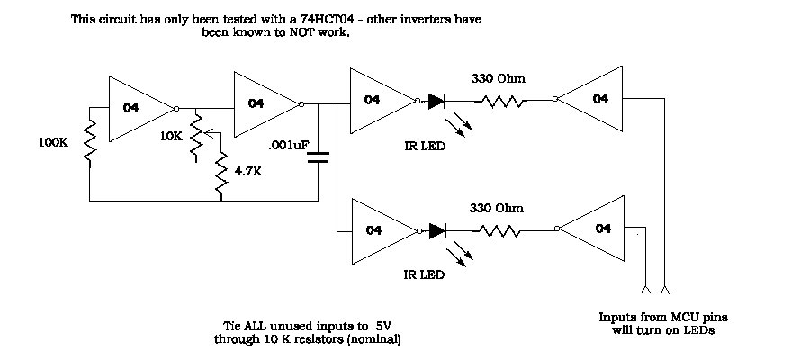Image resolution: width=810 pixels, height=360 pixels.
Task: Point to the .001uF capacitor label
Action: (x=287, y=143)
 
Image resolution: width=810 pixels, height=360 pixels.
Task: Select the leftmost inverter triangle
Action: (x=139, y=108)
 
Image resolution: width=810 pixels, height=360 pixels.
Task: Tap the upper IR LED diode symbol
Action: (x=437, y=101)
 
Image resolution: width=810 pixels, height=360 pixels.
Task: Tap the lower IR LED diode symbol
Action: (x=437, y=231)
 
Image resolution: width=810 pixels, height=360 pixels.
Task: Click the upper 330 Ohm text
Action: (x=499, y=79)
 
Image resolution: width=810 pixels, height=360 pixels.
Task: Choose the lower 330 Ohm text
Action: (x=497, y=208)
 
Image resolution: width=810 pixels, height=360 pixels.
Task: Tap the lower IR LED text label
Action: (x=422, y=275)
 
